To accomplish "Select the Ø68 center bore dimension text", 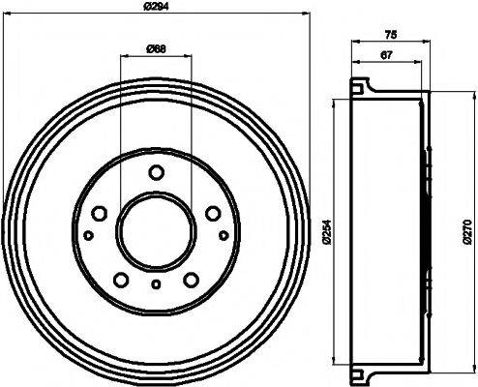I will [156, 49].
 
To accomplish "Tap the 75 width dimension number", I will [390, 36].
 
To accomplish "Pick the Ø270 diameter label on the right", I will [468, 232].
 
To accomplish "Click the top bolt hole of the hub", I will [156, 173].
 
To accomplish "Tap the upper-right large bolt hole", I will [213, 214].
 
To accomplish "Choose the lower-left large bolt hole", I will [121, 281].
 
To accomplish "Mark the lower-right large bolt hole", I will [192, 281].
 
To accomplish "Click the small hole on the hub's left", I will [88, 235].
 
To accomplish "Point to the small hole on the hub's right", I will [224, 235].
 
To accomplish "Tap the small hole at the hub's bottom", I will [156, 283].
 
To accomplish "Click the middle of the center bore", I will [156, 230].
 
